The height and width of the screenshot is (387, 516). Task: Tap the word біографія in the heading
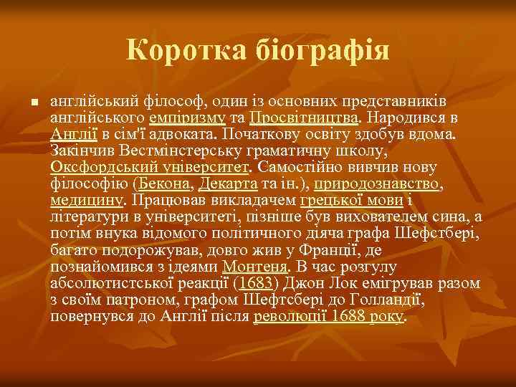(x=320, y=51)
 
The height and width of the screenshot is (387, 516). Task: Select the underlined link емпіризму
(x=188, y=117)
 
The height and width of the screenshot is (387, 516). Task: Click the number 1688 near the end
(x=348, y=316)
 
